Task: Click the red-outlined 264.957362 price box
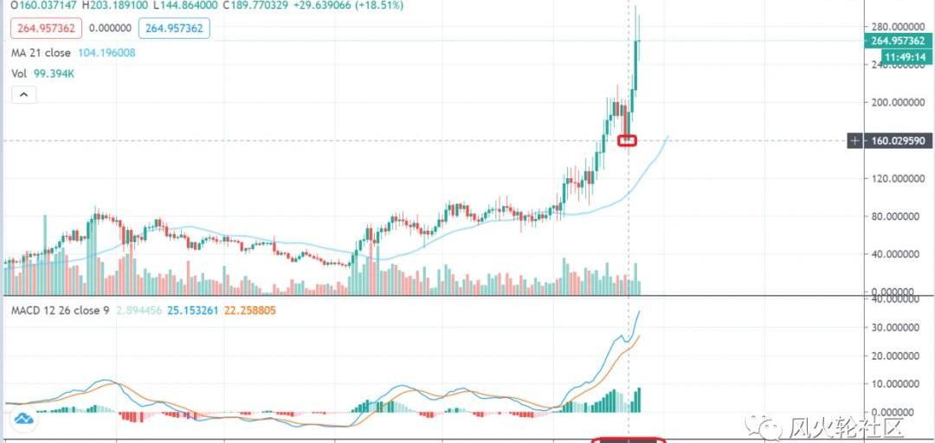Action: pos(44,29)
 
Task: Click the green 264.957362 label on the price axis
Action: pos(900,41)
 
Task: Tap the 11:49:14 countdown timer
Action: pos(905,57)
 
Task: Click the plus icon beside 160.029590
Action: pos(855,140)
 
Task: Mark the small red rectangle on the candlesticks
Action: pos(628,140)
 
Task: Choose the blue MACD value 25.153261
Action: pos(187,310)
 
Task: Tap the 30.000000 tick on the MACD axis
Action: pos(896,327)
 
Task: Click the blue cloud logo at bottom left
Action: pos(23,420)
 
